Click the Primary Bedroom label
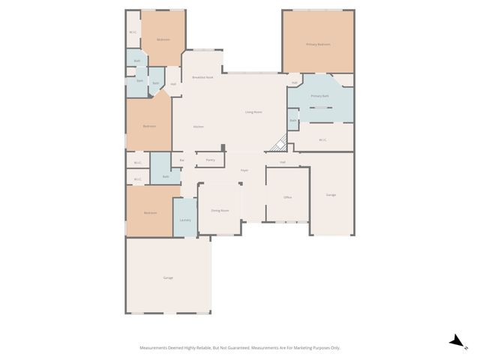(318, 45)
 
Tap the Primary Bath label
(319, 96)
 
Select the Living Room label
(253, 112)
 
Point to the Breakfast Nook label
(202, 78)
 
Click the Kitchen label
(199, 127)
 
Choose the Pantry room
(211, 160)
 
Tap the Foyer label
(244, 171)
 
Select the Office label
(287, 196)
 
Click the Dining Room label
(220, 211)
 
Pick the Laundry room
(185, 220)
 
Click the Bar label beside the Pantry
(181, 160)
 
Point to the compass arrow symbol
(456, 341)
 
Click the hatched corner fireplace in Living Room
(279, 143)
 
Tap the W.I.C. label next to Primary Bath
(322, 139)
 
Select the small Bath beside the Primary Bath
(293, 120)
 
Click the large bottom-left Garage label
(168, 277)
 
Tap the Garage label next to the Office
(331, 195)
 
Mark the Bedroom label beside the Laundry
(150, 213)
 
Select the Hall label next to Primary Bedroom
(295, 82)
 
